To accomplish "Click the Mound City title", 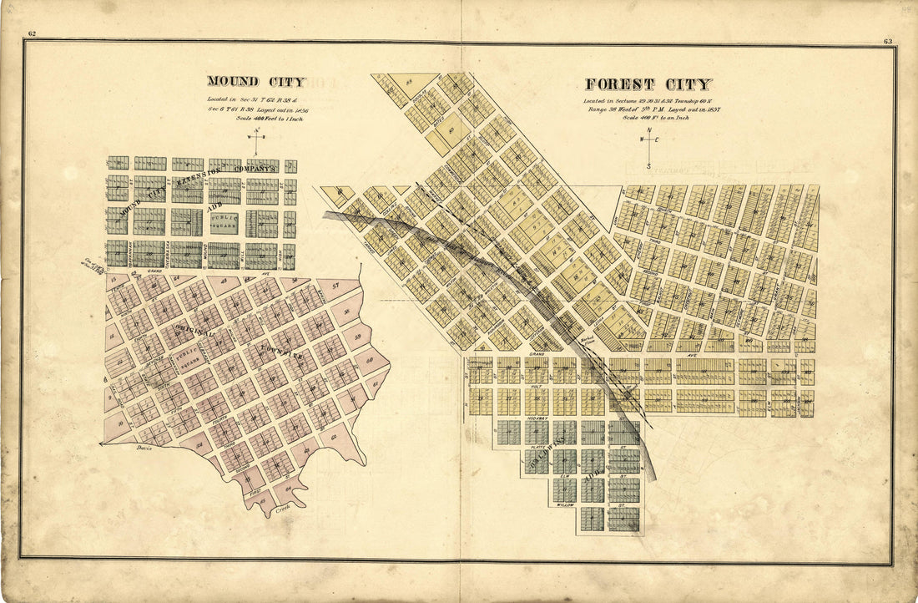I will coord(256,82).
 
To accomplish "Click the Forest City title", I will coord(648,84).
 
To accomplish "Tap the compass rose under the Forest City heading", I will coord(648,148).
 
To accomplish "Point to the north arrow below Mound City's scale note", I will coord(256,141).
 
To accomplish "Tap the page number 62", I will coord(32,34).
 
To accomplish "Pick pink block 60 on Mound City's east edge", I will coord(370,360).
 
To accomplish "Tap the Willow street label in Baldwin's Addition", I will coord(567,505).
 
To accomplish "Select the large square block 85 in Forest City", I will coord(455,129).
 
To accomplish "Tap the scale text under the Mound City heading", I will coord(255,119).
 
